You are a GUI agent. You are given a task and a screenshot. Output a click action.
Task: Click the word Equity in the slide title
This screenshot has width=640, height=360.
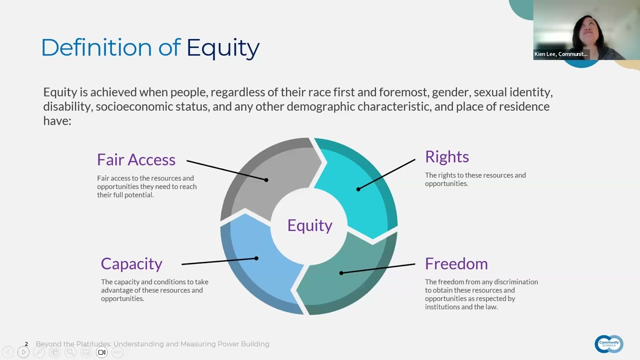click(x=223, y=48)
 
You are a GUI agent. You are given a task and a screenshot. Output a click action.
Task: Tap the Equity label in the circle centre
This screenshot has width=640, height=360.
click(x=310, y=225)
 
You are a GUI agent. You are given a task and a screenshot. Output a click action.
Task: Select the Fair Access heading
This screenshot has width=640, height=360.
click(x=136, y=159)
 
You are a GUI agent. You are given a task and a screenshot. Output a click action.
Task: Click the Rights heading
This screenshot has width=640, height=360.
click(x=447, y=157)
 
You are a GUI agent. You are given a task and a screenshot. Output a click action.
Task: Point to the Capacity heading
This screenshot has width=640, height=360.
click(x=131, y=264)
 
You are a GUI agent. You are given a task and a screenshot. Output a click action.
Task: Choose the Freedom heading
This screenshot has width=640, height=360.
click(x=456, y=263)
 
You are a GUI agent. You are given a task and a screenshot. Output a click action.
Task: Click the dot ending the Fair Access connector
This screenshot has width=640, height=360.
click(x=266, y=180)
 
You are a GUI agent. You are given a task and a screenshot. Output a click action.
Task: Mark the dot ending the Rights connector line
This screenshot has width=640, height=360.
click(x=358, y=189)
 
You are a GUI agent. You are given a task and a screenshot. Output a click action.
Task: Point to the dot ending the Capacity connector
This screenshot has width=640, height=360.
click(x=256, y=258)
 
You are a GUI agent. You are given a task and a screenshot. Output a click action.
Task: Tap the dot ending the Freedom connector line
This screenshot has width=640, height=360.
click(x=341, y=273)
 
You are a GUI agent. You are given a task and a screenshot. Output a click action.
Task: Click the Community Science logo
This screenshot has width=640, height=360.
click(x=609, y=344)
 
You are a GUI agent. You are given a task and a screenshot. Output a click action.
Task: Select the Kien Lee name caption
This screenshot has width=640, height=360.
click(x=561, y=54)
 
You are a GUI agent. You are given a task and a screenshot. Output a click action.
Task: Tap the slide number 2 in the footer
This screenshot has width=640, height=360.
click(x=26, y=344)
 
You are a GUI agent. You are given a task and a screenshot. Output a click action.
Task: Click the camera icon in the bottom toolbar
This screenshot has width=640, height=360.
click(x=101, y=352)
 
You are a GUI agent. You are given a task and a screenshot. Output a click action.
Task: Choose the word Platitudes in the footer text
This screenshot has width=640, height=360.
click(x=93, y=344)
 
